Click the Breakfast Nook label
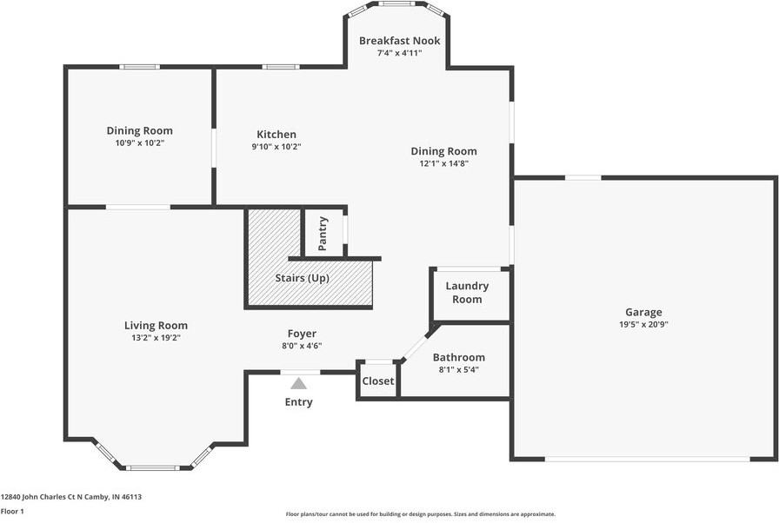tap(400, 41)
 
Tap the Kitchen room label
tap(276, 135)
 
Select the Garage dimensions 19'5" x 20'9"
tap(643, 324)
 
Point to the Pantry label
tap(323, 234)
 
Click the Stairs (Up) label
tap(303, 278)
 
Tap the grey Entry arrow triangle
tap(299, 382)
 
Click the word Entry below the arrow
tap(299, 402)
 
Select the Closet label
tap(378, 381)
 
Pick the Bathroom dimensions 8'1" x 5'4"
tap(458, 369)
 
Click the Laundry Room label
tap(467, 293)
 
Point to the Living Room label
tap(156, 326)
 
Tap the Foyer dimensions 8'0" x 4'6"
tap(302, 346)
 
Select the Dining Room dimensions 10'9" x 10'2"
tap(139, 142)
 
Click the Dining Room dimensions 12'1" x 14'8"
tap(443, 163)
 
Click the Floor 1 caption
tap(12, 512)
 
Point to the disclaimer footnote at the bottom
tap(421, 514)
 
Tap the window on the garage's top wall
tap(583, 178)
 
